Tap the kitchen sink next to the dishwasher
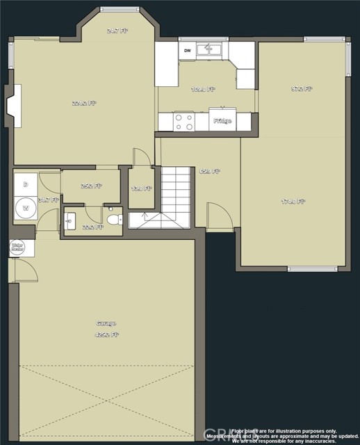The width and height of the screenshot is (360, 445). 208,49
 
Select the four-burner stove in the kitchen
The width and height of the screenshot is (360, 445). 184,122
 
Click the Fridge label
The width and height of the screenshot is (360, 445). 222,121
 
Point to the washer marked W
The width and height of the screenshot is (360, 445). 26,207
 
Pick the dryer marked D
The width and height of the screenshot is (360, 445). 26,184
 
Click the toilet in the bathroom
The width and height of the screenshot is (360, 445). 113,220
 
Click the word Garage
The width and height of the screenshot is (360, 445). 106,323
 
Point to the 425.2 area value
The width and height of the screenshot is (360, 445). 107,334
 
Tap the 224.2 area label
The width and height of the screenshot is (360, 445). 84,103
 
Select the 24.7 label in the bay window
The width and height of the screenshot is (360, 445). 117,31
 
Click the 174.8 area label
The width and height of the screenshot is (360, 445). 293,202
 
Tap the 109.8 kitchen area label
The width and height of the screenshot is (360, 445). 203,90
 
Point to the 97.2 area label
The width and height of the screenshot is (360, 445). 302,89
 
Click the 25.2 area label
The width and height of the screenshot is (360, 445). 90,186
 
